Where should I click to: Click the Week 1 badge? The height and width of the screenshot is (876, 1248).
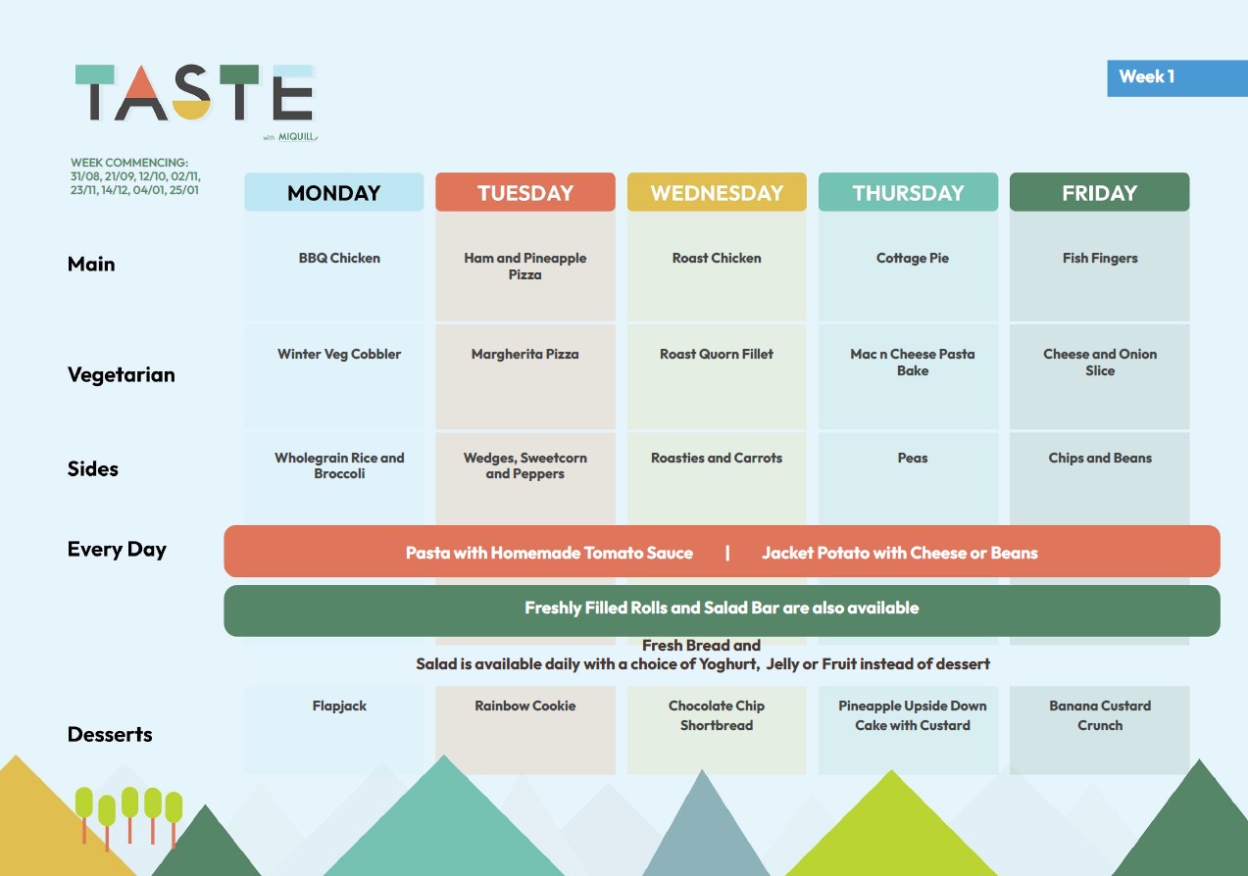click(x=1176, y=78)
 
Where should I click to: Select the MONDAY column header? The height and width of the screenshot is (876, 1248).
click(x=333, y=192)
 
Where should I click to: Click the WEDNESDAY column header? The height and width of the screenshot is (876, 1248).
click(x=717, y=192)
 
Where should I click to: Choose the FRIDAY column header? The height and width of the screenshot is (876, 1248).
click(x=1099, y=192)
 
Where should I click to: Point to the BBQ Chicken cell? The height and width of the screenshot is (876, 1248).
click(x=339, y=258)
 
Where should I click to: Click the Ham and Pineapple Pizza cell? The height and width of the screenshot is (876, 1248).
click(x=524, y=267)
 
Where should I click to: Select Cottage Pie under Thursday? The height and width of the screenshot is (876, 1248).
click(x=912, y=258)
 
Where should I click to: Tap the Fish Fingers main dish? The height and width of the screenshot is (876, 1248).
click(x=1100, y=258)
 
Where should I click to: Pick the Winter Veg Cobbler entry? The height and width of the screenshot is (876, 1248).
click(x=339, y=354)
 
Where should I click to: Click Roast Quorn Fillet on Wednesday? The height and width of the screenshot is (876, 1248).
click(x=717, y=354)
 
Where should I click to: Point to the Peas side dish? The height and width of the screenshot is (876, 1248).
click(x=913, y=458)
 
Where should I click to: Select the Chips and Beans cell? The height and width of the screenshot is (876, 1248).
click(x=1100, y=458)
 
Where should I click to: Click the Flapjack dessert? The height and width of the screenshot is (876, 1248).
click(x=339, y=706)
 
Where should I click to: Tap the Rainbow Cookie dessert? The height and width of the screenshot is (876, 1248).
click(x=524, y=706)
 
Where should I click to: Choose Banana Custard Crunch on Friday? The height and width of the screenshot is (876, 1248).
click(x=1100, y=715)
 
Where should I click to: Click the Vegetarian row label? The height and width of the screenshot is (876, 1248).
click(x=121, y=374)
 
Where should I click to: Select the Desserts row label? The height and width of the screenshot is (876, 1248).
click(x=110, y=734)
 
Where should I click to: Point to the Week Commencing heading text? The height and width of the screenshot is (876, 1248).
click(x=129, y=163)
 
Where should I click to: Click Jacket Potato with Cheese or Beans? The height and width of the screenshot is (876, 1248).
click(x=900, y=553)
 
